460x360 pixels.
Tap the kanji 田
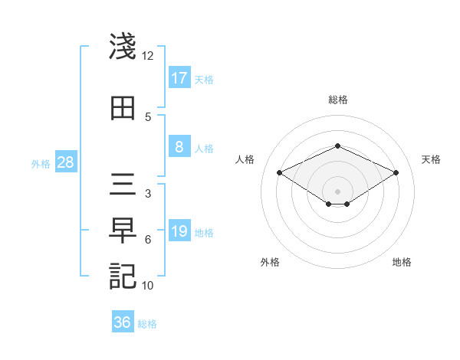[123, 107]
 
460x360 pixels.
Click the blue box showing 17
[179, 77]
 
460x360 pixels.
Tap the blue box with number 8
[179, 147]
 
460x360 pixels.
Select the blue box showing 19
[179, 231]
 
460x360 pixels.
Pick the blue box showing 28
[65, 162]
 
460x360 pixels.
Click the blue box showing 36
[123, 322]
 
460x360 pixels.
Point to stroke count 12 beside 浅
[147, 56]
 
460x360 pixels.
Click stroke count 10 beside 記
[147, 285]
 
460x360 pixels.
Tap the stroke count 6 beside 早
[147, 240]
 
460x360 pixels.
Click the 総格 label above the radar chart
[337, 100]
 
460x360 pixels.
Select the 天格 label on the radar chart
[432, 159]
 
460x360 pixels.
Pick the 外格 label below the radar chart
[270, 262]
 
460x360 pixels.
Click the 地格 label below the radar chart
[402, 262]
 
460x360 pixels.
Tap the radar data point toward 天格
[396, 173]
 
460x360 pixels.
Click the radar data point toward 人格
[279, 173]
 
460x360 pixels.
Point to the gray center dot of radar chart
[337, 190]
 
